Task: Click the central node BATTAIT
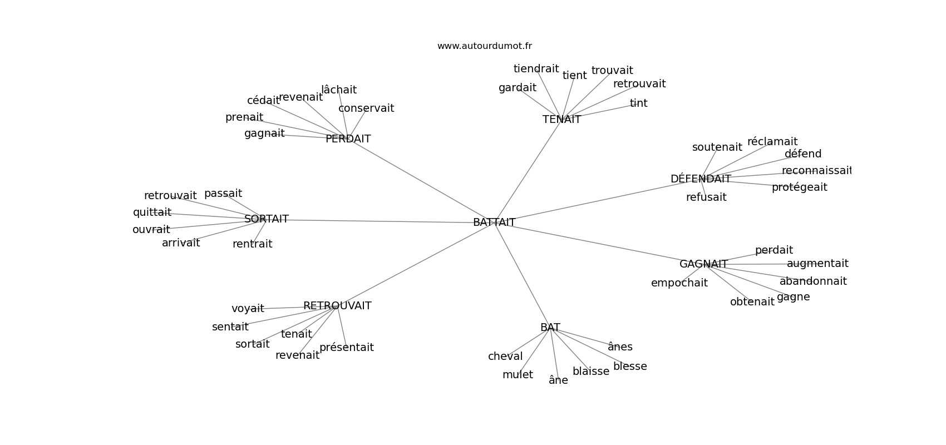[x=494, y=222]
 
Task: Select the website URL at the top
[x=484, y=46]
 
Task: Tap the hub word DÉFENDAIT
[x=701, y=179]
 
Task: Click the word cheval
[x=505, y=357]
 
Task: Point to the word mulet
[x=518, y=375]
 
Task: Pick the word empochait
[x=679, y=283]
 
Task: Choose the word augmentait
[x=817, y=264]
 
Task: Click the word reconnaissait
[x=816, y=171]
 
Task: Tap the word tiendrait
[x=536, y=69]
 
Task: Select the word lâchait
[x=339, y=90]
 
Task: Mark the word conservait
[x=366, y=108]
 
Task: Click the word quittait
[x=152, y=212]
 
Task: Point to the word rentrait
[x=253, y=244]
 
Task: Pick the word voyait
[x=248, y=309]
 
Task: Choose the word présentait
[x=346, y=348]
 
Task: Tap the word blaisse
[x=591, y=372]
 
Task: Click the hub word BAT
[x=550, y=328]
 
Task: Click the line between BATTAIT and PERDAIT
[x=423, y=181]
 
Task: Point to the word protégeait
[x=799, y=187]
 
